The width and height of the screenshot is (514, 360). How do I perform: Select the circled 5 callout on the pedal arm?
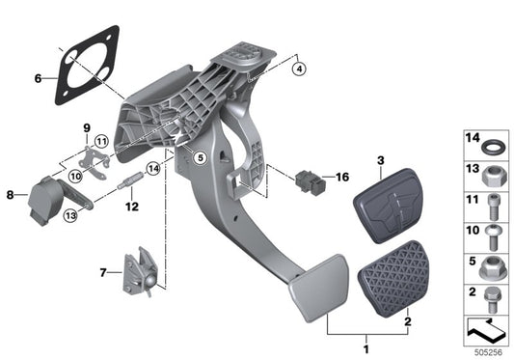click(x=199, y=157)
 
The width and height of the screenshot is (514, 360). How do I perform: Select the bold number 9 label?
click(x=85, y=128)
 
